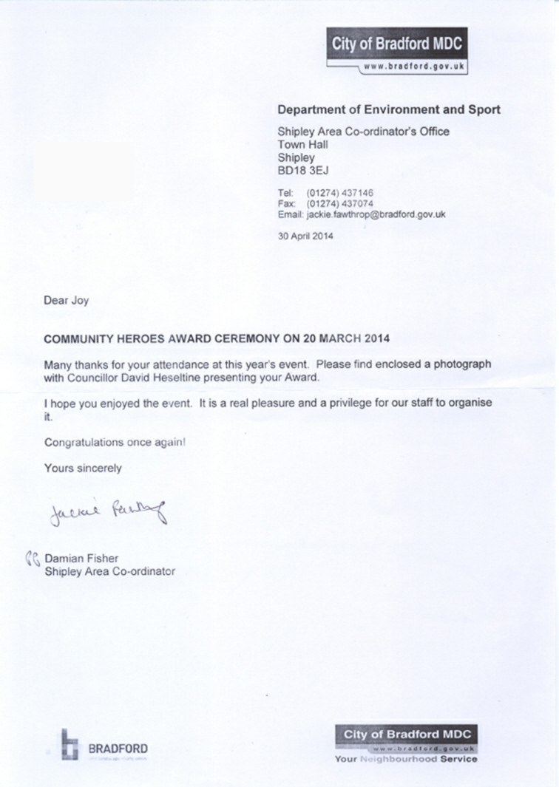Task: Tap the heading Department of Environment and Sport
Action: click(x=388, y=109)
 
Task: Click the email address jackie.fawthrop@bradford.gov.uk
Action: click(x=376, y=214)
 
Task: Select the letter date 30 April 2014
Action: click(x=305, y=236)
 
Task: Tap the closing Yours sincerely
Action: click(x=83, y=468)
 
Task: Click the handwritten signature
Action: click(x=106, y=510)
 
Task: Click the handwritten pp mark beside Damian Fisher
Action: click(x=33, y=558)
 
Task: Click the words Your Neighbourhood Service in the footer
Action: click(x=405, y=759)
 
